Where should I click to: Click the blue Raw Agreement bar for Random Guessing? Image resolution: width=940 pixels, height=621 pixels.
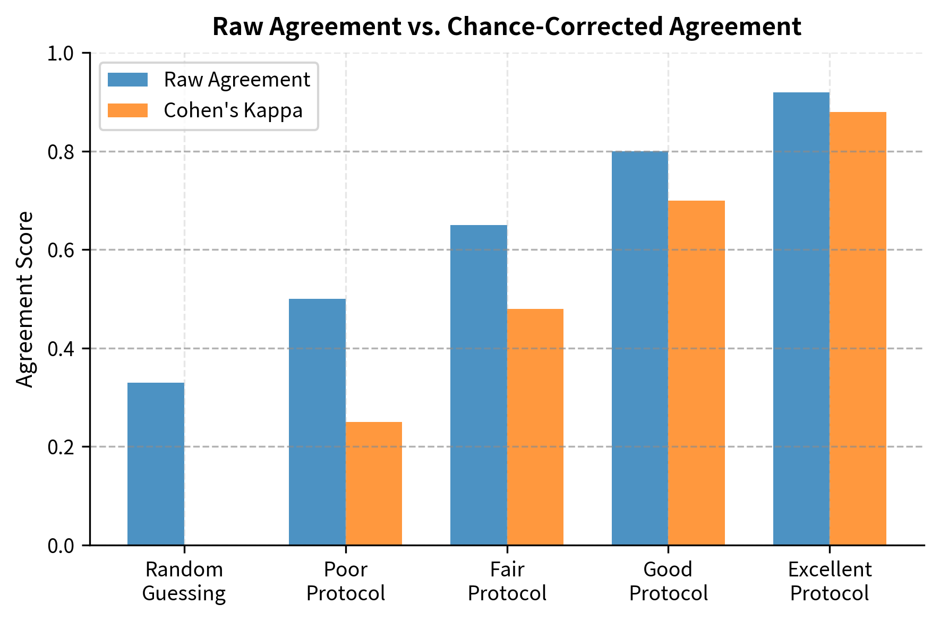[x=156, y=464]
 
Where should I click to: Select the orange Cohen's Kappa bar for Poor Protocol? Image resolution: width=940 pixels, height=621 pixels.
[x=374, y=484]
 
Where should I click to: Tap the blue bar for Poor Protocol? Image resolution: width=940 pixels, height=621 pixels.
[x=317, y=422]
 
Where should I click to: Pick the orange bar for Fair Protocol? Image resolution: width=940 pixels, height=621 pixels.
[x=535, y=427]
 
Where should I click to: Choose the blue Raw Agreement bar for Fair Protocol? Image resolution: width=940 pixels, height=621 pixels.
[x=478, y=385]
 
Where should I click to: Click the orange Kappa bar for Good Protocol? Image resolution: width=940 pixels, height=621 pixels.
[x=697, y=373]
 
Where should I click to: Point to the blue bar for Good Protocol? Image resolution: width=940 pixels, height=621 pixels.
[x=640, y=348]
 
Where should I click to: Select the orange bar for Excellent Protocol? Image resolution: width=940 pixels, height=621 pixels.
[x=858, y=329]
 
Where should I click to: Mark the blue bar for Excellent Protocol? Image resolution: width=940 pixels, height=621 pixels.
[x=801, y=318]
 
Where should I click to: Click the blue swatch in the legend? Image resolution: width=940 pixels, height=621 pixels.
[x=127, y=80]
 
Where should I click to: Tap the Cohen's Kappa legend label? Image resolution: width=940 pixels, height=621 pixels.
[x=233, y=110]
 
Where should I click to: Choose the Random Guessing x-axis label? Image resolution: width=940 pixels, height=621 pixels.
[x=184, y=581]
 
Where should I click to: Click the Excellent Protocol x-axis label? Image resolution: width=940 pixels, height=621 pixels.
[x=830, y=581]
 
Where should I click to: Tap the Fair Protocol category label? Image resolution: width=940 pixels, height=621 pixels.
[x=507, y=581]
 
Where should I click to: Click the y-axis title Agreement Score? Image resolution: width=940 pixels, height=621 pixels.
[x=25, y=299]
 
